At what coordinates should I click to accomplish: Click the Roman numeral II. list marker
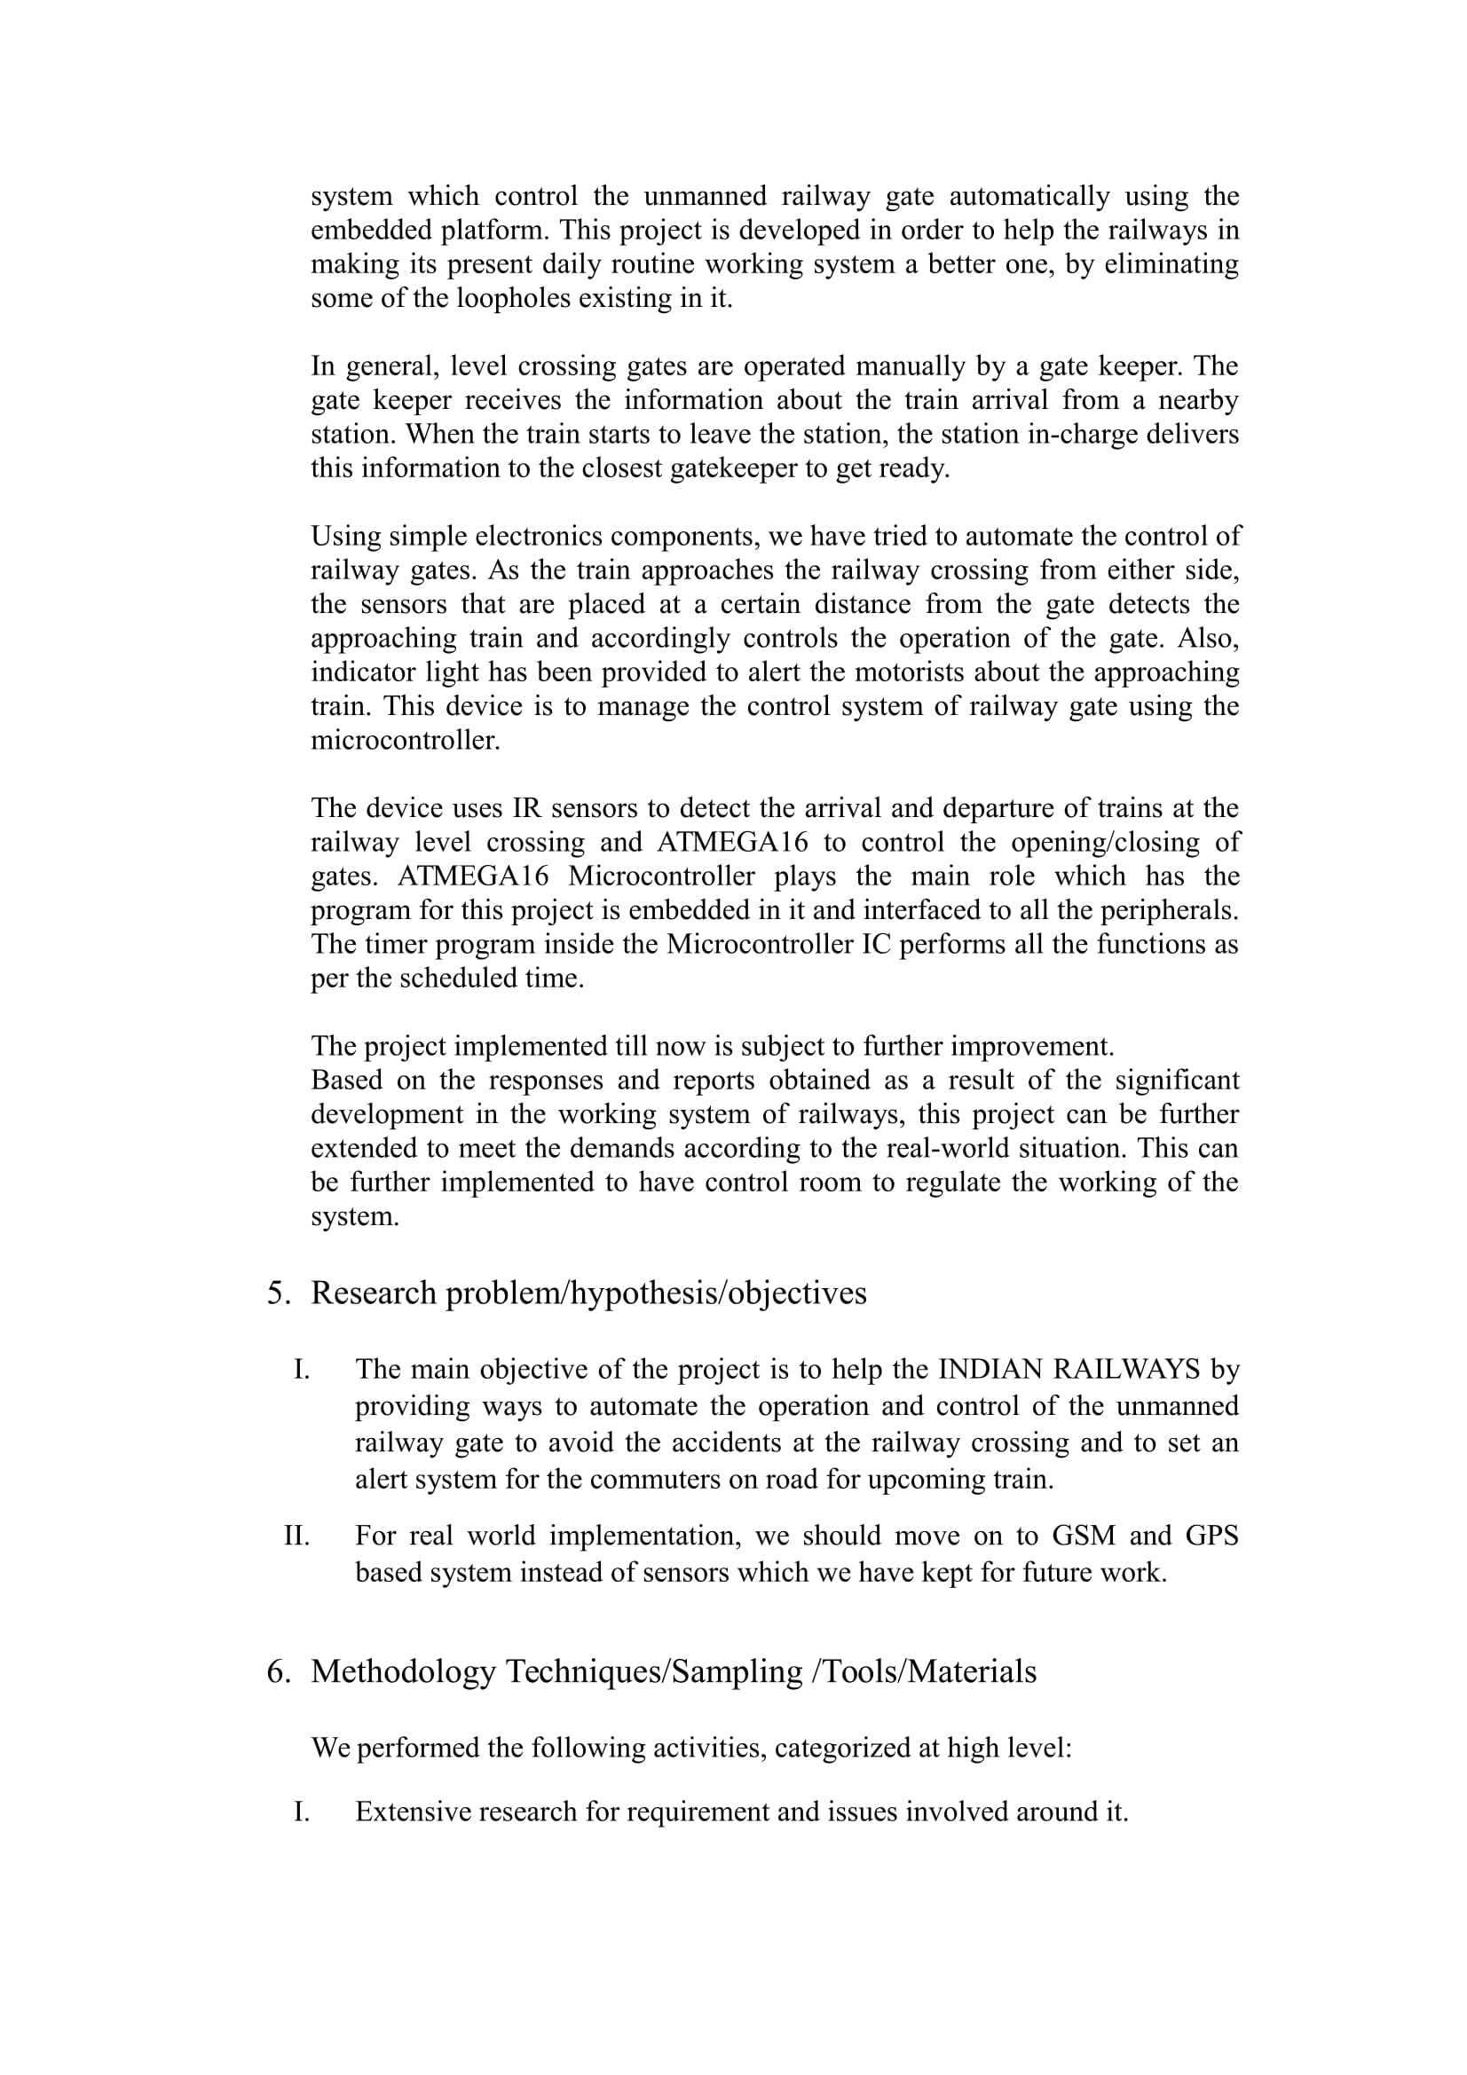tap(296, 1536)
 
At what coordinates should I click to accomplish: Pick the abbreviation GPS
tap(1211, 1536)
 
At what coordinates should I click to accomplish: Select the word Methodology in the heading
tap(403, 1671)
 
